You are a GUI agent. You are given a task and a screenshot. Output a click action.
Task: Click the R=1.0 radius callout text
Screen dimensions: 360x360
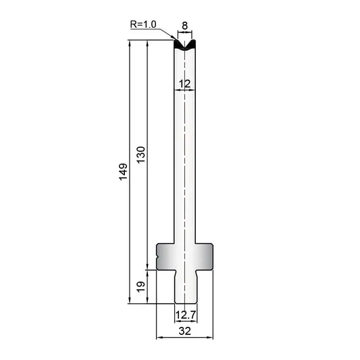coord(143,24)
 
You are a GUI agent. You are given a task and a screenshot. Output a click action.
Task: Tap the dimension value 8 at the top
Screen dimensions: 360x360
coord(184,26)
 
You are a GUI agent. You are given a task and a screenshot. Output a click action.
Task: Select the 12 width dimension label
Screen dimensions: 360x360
coord(184,84)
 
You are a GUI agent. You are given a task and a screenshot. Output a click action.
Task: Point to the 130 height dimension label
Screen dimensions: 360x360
coord(141,155)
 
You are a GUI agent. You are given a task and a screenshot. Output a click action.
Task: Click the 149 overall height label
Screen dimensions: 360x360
coord(124,172)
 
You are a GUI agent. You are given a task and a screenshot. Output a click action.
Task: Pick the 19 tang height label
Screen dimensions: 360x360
coord(140,287)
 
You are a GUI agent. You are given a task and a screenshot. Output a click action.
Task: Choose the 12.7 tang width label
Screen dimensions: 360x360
coord(186,315)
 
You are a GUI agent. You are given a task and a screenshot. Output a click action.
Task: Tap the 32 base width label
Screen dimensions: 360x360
coord(184,332)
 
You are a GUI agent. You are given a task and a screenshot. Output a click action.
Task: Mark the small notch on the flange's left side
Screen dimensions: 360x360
coord(157,257)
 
